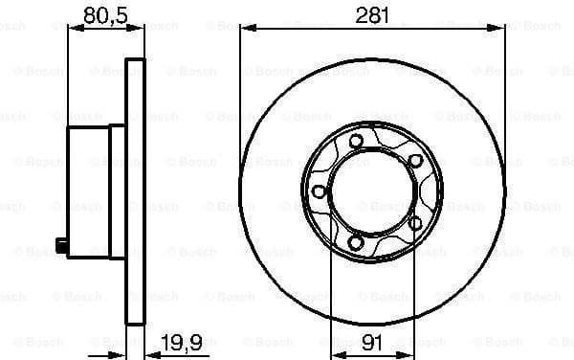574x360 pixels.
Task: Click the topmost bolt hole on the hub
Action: point(356,143)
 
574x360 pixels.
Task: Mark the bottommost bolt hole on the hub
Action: point(356,244)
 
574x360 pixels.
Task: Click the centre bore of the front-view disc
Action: point(372,193)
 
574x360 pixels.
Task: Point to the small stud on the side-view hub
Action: point(62,247)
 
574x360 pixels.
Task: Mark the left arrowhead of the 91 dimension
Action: point(335,342)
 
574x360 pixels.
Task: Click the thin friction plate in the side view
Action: point(135,191)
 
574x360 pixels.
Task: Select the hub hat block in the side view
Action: point(88,191)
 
